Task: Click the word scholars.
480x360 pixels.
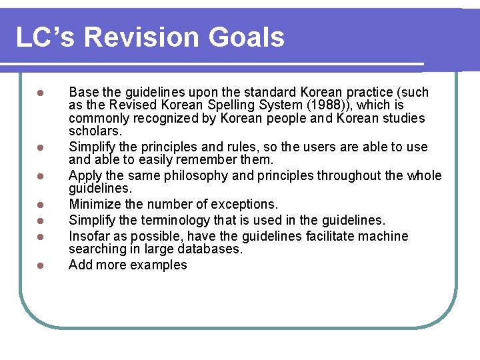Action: click(x=95, y=132)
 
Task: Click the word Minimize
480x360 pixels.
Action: click(x=95, y=204)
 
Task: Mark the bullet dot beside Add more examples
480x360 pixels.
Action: click(x=40, y=265)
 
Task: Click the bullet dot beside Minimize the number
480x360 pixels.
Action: click(x=40, y=205)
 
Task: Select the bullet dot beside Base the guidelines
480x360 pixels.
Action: click(x=40, y=93)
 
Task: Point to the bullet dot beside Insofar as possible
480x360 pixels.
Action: click(x=40, y=237)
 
